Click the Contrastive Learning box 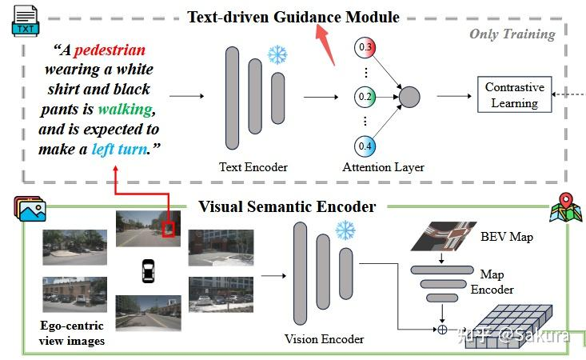coord(514,95)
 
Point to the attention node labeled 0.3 coord(366,47)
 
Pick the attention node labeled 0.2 coord(366,98)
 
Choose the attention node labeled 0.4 coord(366,146)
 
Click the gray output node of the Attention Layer coord(409,98)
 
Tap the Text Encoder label coord(253,167)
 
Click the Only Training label coord(512,34)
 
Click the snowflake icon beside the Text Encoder coord(277,54)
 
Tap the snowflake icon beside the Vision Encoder coord(345,230)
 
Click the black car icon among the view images coord(148,270)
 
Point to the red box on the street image coord(168,230)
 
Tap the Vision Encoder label coord(325,338)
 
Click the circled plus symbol coord(440,328)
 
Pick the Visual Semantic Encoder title coord(287,207)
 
